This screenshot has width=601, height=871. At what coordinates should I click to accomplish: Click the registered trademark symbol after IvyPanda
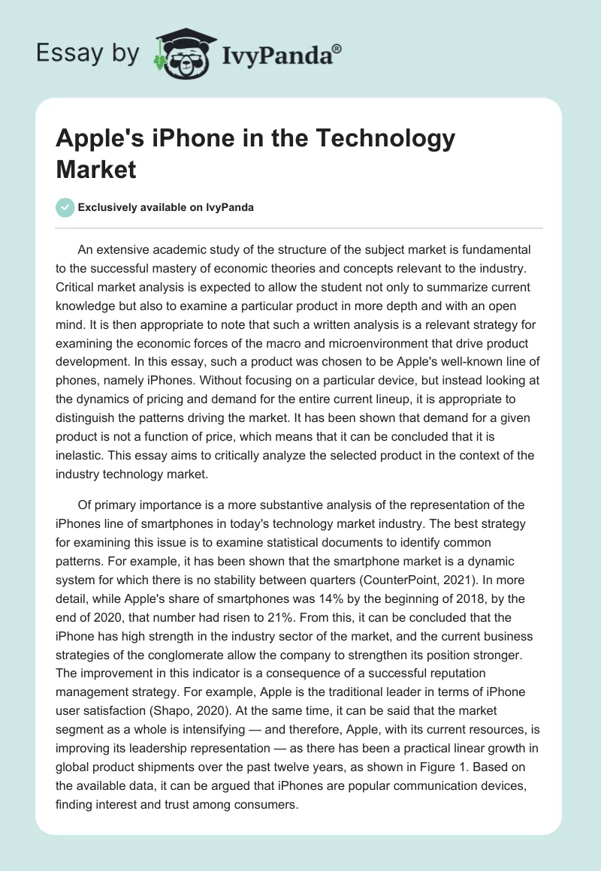(x=337, y=49)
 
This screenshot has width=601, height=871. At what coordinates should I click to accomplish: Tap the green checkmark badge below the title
(x=65, y=207)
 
